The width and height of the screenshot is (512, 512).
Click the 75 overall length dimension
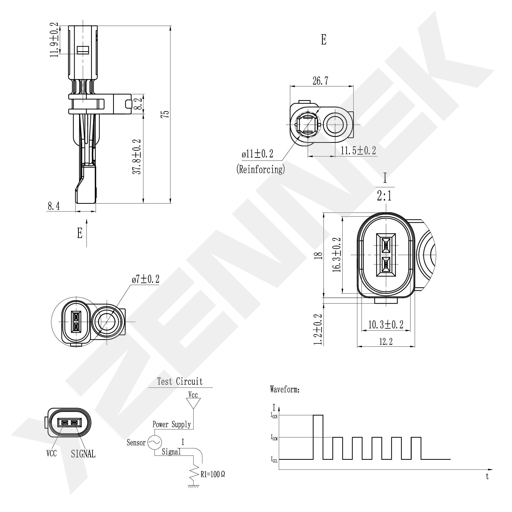point(166,114)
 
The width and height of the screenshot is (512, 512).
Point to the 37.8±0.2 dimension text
point(137,157)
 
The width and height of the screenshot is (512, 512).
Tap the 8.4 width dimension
point(54,206)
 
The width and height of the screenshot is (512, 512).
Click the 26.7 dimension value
point(320,81)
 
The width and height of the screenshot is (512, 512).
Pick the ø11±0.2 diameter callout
point(257,154)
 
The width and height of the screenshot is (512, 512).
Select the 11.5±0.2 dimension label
point(358,151)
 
